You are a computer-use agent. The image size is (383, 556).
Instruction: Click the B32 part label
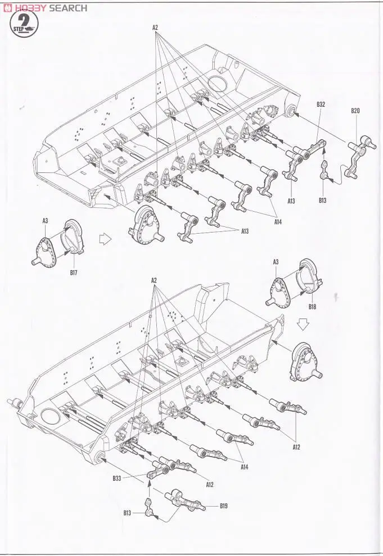pos(321,104)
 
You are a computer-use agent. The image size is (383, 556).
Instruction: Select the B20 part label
pos(355,111)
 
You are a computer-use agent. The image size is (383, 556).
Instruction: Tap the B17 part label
pos(74,272)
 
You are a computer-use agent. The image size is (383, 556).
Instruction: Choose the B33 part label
pos(116,478)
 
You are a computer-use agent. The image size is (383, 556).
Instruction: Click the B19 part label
pos(224,505)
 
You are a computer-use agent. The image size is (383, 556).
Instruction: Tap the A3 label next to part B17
pos(45,221)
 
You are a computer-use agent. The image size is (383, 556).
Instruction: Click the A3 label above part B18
pos(276,262)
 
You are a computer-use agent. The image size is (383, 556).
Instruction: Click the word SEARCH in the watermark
pos(67,8)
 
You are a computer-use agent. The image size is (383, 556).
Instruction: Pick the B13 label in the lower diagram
pos(128,513)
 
